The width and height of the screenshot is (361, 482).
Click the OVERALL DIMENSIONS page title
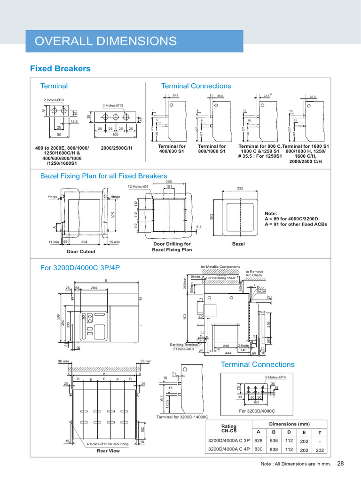pyautogui.click(x=106, y=41)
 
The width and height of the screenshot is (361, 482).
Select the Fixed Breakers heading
pyautogui.click(x=60, y=69)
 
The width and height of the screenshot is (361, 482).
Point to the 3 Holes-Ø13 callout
pyautogui.click(x=113, y=105)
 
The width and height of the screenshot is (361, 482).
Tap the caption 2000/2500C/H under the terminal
pyautogui.click(x=117, y=148)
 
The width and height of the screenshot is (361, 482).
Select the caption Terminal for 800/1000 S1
pyautogui.click(x=212, y=149)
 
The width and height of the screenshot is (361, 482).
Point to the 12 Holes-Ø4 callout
pyautogui.click(x=138, y=186)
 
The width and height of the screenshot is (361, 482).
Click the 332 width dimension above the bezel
pyautogui.click(x=240, y=188)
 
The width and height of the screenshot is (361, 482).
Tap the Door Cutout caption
pyautogui.click(x=81, y=251)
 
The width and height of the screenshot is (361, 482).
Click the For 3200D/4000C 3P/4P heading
pyautogui.click(x=80, y=267)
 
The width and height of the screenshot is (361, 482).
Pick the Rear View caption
pyautogui.click(x=108, y=450)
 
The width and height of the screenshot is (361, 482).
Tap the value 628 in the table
pyautogui.click(x=258, y=441)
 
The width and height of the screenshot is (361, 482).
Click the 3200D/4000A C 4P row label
pyautogui.click(x=229, y=450)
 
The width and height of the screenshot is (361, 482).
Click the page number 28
pyautogui.click(x=340, y=464)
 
